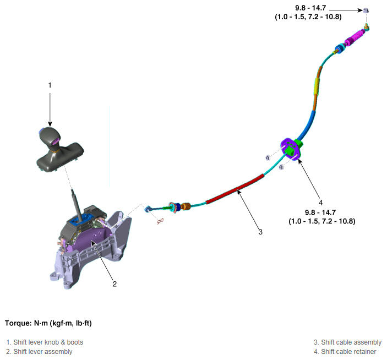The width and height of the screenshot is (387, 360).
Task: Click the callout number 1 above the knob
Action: tap(50, 85)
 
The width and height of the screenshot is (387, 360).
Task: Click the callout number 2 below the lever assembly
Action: tap(115, 283)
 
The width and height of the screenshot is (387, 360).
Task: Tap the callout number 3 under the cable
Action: tap(260, 232)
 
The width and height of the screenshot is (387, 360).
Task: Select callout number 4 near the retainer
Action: tap(320, 203)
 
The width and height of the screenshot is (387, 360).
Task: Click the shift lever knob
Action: tap(50, 138)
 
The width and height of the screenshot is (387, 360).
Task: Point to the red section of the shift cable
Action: tap(235, 189)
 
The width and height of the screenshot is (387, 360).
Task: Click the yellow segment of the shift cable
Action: tap(316, 86)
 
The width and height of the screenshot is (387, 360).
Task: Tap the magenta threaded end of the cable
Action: tap(354, 37)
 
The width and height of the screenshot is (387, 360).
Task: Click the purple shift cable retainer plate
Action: tap(291, 149)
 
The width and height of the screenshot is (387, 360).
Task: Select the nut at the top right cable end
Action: tap(366, 10)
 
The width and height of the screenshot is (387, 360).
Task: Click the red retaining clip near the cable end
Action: tap(160, 221)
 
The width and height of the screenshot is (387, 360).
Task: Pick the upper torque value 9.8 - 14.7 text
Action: tap(310, 8)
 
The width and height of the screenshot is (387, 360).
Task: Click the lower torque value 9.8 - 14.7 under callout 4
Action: tap(320, 212)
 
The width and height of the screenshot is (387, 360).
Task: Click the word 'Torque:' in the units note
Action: tap(18, 323)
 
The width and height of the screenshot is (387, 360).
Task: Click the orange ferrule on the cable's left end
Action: tap(186, 206)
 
